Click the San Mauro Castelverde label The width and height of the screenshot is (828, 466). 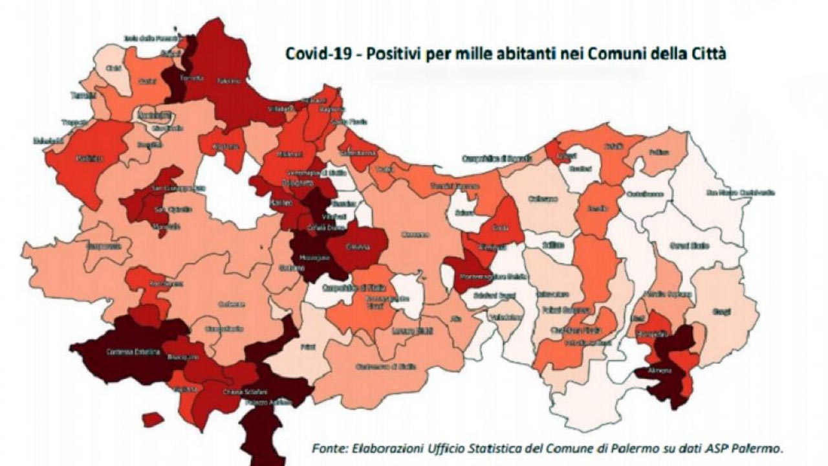pyautogui.click(x=740, y=192)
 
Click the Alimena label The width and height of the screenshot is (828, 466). pyautogui.click(x=661, y=371)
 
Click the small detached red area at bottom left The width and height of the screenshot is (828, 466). pyautogui.click(x=153, y=419)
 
